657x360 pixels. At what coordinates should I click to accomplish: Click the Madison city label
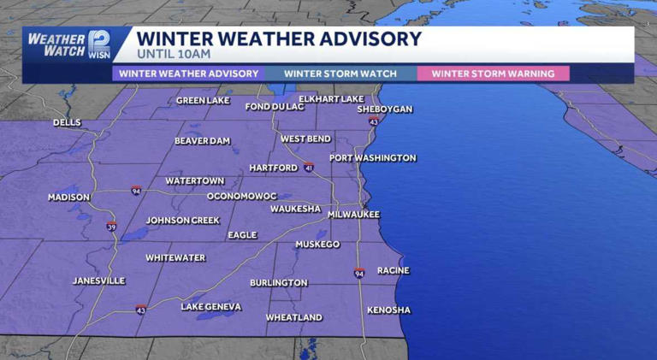click(68, 198)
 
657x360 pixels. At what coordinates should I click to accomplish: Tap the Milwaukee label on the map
click(353, 215)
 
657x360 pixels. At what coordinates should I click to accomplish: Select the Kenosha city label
click(388, 310)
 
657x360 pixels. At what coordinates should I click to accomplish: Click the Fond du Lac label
click(273, 107)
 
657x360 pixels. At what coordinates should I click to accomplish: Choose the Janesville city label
click(99, 280)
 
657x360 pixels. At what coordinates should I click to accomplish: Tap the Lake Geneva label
click(211, 306)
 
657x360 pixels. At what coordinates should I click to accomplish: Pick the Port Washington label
click(373, 158)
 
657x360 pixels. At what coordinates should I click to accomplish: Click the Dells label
click(67, 123)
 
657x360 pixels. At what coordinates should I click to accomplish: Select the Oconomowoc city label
click(242, 196)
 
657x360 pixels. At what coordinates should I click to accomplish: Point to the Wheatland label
click(293, 317)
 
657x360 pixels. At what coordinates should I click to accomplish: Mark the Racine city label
click(393, 270)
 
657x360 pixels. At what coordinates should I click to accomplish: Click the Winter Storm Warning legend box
click(492, 74)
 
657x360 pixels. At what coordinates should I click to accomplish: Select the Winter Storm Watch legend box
click(340, 74)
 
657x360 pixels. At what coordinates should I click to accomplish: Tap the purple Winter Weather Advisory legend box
click(188, 74)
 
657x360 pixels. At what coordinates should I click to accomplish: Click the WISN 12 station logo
click(99, 44)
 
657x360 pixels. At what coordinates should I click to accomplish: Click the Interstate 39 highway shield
click(111, 227)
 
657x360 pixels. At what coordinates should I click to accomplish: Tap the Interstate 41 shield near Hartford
click(309, 167)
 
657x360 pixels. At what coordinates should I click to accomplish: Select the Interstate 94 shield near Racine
click(360, 273)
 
